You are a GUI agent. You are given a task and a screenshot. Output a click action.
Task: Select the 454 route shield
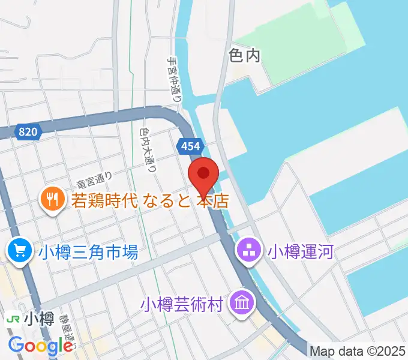191,146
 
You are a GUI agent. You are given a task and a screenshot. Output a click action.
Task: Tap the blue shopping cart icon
20,250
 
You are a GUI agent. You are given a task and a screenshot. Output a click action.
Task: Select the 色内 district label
245,56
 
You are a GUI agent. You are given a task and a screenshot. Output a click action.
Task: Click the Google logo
41,346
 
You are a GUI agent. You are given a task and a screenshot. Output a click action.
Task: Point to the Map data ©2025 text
358,350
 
